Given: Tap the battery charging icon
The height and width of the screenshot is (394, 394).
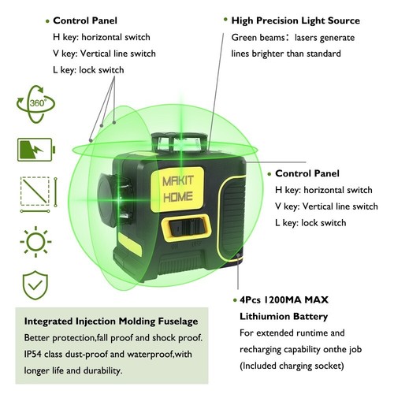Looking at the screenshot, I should coord(31,149).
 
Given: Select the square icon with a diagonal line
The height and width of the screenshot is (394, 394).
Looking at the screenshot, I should coord(31,193).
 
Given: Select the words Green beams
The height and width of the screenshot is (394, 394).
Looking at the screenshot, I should coord(260,37).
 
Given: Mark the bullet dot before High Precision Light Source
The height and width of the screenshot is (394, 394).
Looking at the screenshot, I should coord(224,20).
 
